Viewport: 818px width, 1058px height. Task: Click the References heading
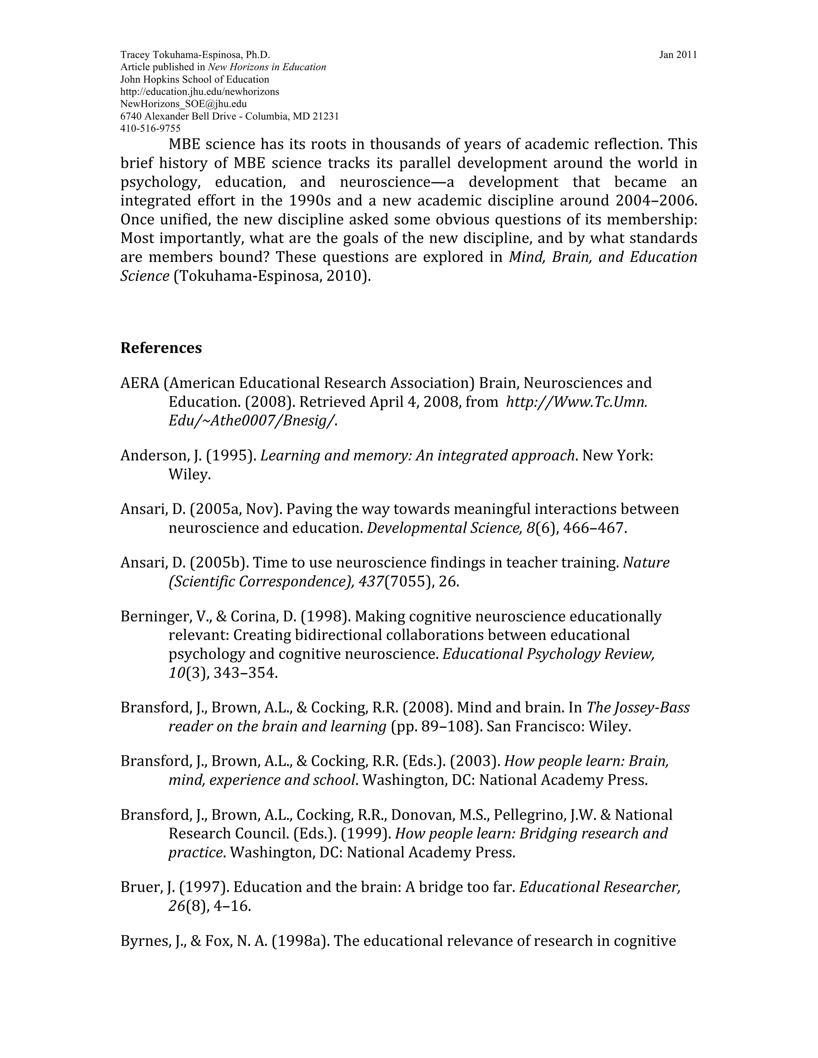point(161,348)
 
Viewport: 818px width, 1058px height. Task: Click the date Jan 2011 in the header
point(677,55)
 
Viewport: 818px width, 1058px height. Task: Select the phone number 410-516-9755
point(150,129)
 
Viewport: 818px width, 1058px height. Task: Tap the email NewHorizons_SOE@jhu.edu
point(183,104)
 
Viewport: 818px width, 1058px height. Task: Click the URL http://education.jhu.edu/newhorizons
point(199,91)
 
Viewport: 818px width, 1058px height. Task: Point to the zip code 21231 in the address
point(326,116)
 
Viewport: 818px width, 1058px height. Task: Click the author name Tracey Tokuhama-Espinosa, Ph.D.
point(195,55)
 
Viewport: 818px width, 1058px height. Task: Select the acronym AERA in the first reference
point(139,383)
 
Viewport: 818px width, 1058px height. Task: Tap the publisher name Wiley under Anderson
point(189,475)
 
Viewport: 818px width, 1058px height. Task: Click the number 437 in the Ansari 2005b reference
point(371,582)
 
